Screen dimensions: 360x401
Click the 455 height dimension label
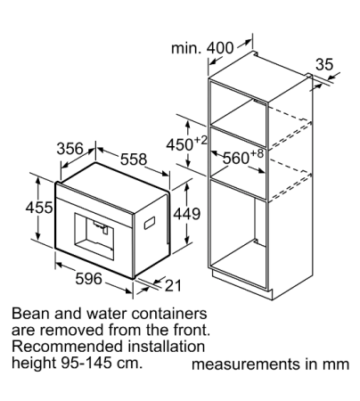[39, 208]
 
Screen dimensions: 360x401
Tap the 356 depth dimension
[70, 149]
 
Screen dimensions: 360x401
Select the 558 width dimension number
[134, 160]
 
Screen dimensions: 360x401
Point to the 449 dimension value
[187, 214]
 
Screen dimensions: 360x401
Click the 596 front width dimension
[89, 278]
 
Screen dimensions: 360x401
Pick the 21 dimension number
[173, 285]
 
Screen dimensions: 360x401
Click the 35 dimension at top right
[324, 64]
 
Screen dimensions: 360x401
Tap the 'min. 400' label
[202, 48]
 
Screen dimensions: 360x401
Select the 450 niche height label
[179, 144]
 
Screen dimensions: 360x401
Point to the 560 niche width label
[236, 158]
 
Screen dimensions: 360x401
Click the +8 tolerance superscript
[257, 153]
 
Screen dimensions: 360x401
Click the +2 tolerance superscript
[200, 140]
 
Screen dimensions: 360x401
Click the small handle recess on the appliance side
[150, 224]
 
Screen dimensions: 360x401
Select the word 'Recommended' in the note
[68, 347]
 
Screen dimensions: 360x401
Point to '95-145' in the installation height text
[85, 363]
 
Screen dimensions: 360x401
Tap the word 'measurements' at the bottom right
[246, 364]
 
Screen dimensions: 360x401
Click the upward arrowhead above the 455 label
[38, 180]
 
